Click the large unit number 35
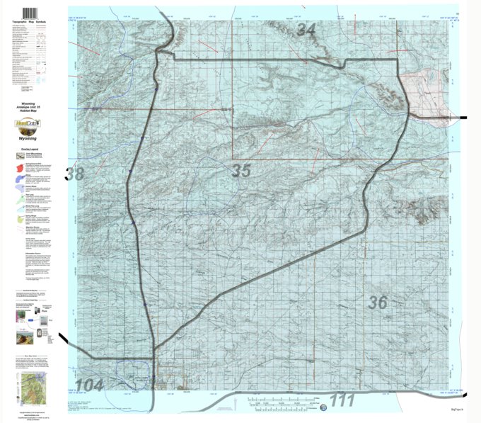241,171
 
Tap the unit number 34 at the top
306,30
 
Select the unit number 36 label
378,303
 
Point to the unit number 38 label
75,173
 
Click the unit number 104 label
89,385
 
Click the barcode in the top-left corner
30,14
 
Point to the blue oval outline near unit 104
137,369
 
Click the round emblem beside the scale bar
323,408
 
